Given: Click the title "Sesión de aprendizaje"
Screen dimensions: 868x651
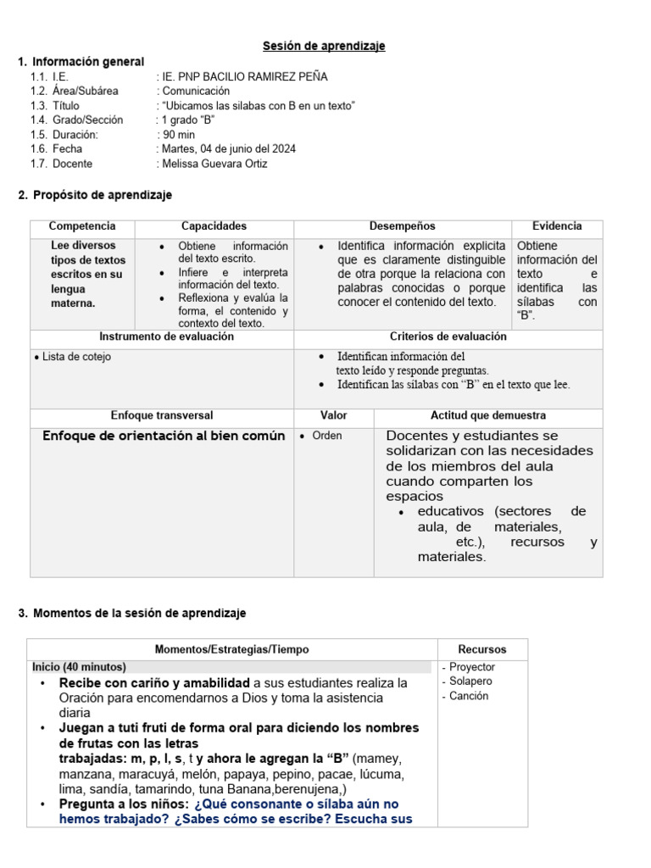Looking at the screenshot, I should point(324,46).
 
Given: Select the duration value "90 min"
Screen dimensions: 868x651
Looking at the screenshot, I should point(179,134).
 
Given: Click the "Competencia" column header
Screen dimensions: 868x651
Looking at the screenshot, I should point(82,226).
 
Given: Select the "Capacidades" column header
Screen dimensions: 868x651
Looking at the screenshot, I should point(214,226).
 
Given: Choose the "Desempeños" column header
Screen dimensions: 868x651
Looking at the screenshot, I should point(402,226).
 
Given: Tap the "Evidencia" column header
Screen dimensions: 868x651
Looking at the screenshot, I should point(557,226).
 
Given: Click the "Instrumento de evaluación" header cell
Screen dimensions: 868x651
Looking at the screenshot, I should point(161,337).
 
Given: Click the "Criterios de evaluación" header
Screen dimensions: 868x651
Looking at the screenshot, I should point(448,337).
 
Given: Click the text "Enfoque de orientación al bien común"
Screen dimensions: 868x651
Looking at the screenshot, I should point(164,437).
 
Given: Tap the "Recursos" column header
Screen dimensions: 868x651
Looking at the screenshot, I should point(481,649).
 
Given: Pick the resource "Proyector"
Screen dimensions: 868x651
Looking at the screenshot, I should point(472,667).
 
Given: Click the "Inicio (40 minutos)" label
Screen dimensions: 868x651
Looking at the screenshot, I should point(79,667).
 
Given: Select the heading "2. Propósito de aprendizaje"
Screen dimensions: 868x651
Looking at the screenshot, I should point(95,195).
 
